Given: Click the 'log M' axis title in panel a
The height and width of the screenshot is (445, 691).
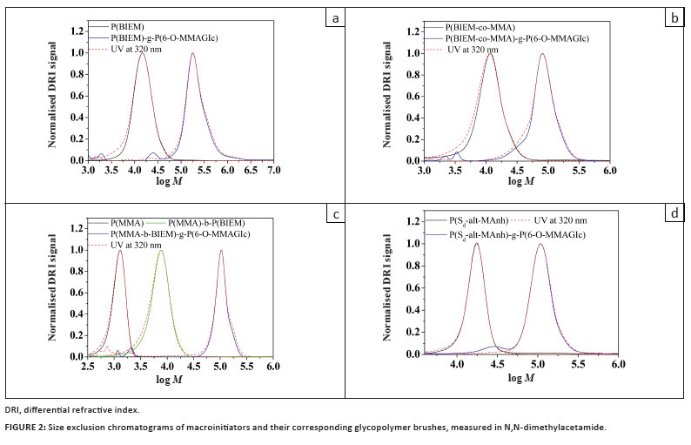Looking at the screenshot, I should click(x=183, y=184).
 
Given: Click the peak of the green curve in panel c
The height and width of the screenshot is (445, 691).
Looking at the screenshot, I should click(x=160, y=251).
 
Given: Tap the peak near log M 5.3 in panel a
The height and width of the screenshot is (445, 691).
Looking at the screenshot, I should click(x=192, y=54).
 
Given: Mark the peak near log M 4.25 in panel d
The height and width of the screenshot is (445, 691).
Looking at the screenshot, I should click(x=476, y=244).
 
